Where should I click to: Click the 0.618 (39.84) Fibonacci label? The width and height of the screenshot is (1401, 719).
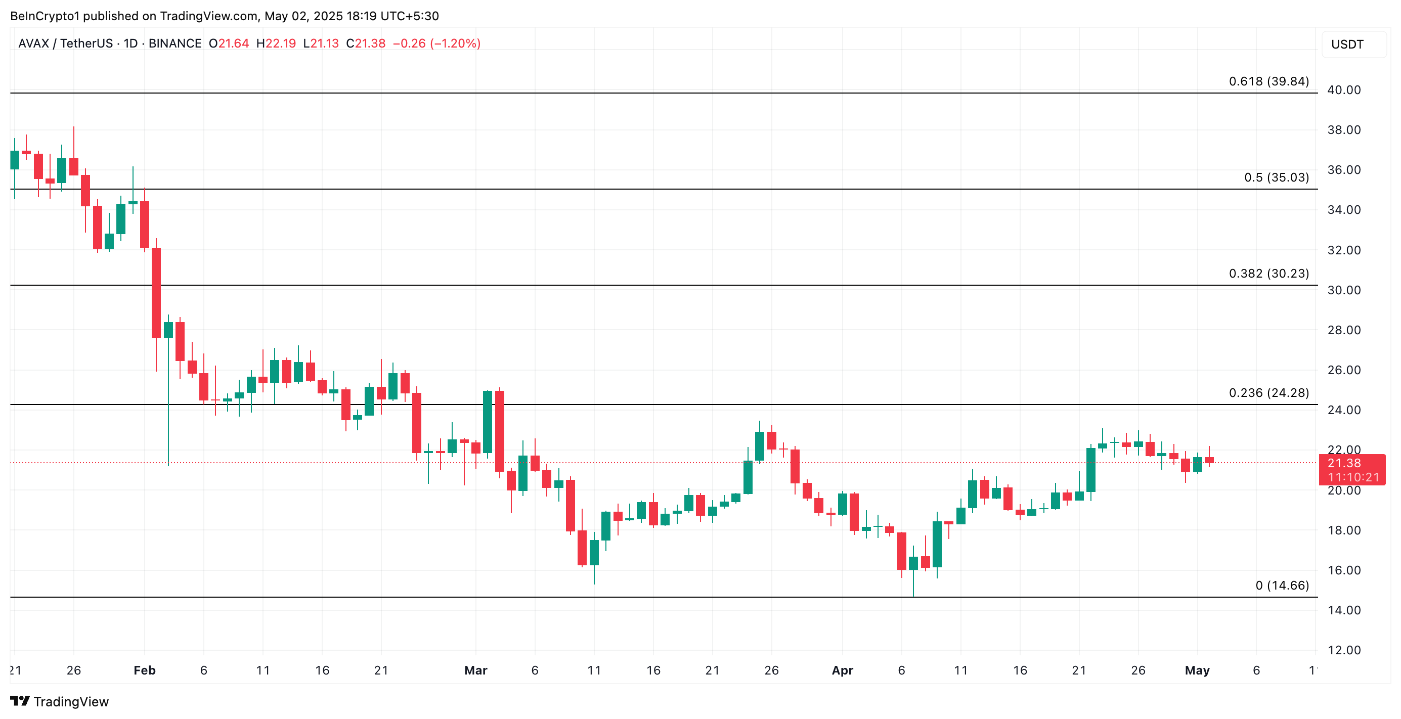[x=1268, y=81]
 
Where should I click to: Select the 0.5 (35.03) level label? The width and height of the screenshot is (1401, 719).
[x=1276, y=178]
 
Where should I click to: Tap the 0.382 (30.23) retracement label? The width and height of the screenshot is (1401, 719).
[x=1268, y=274]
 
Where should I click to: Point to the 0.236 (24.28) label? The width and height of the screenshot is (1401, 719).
[x=1268, y=393]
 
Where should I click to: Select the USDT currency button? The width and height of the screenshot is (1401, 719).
[x=1347, y=44]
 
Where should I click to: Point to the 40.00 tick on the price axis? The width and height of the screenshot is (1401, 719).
[x=1343, y=91]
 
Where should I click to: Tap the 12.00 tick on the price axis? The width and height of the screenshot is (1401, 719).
[x=1343, y=650]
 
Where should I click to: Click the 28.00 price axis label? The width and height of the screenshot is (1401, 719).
[x=1343, y=330]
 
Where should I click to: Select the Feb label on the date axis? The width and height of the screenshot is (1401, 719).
[x=145, y=670]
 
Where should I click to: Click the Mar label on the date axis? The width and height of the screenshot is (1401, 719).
[x=475, y=670]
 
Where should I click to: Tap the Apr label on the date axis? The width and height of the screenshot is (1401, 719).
[x=842, y=670]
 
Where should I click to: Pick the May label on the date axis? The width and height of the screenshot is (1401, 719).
[x=1197, y=670]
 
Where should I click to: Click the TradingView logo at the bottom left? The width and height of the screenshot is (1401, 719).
[x=60, y=702]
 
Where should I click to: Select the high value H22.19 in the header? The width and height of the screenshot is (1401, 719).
[x=276, y=43]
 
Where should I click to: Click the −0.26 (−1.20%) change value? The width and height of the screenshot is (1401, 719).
[x=436, y=43]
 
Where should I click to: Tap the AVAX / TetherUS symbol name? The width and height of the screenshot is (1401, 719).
[x=65, y=43]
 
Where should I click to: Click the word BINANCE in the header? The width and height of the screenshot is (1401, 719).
[x=174, y=43]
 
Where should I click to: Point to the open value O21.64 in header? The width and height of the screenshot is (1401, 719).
[x=229, y=43]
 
